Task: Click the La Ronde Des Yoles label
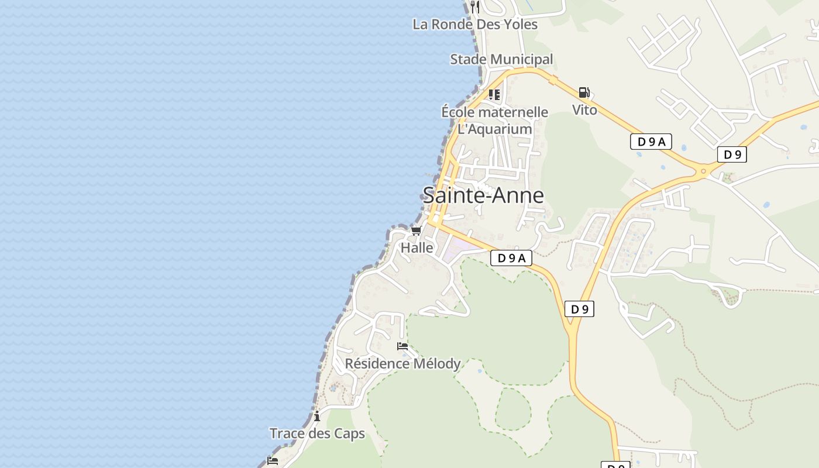474,25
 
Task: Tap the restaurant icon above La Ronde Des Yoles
475,7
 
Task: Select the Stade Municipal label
501,59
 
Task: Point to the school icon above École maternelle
494,94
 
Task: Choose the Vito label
584,110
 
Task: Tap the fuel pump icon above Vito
584,92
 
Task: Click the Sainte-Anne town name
483,195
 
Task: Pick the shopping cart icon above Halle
416,231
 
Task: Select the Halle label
417,248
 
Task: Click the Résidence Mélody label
402,364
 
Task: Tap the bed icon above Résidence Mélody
402,346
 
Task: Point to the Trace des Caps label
317,433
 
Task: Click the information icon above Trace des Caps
317,417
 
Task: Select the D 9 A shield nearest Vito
651,142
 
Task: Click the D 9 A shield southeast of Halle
511,258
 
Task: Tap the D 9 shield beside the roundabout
732,154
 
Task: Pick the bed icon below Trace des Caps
273,461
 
